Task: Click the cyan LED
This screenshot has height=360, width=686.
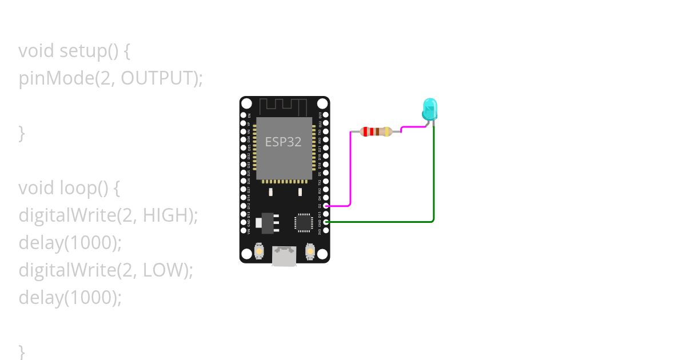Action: coord(429,109)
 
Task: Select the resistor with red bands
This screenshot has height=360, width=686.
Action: coord(376,132)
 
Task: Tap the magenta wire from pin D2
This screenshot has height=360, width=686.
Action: coord(350,171)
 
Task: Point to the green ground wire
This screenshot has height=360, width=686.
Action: coord(433,183)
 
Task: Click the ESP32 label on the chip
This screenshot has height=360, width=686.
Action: coord(283,142)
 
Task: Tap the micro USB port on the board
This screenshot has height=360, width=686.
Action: coord(284,256)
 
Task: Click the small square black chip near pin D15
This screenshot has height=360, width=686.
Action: coord(303,222)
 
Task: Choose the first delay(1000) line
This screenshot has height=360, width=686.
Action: coord(70,242)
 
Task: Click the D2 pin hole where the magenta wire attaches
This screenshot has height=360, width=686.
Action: coord(326,206)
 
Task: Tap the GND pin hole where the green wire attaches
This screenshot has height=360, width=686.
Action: coord(326,222)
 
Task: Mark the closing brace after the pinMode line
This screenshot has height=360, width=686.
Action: coord(22,133)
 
